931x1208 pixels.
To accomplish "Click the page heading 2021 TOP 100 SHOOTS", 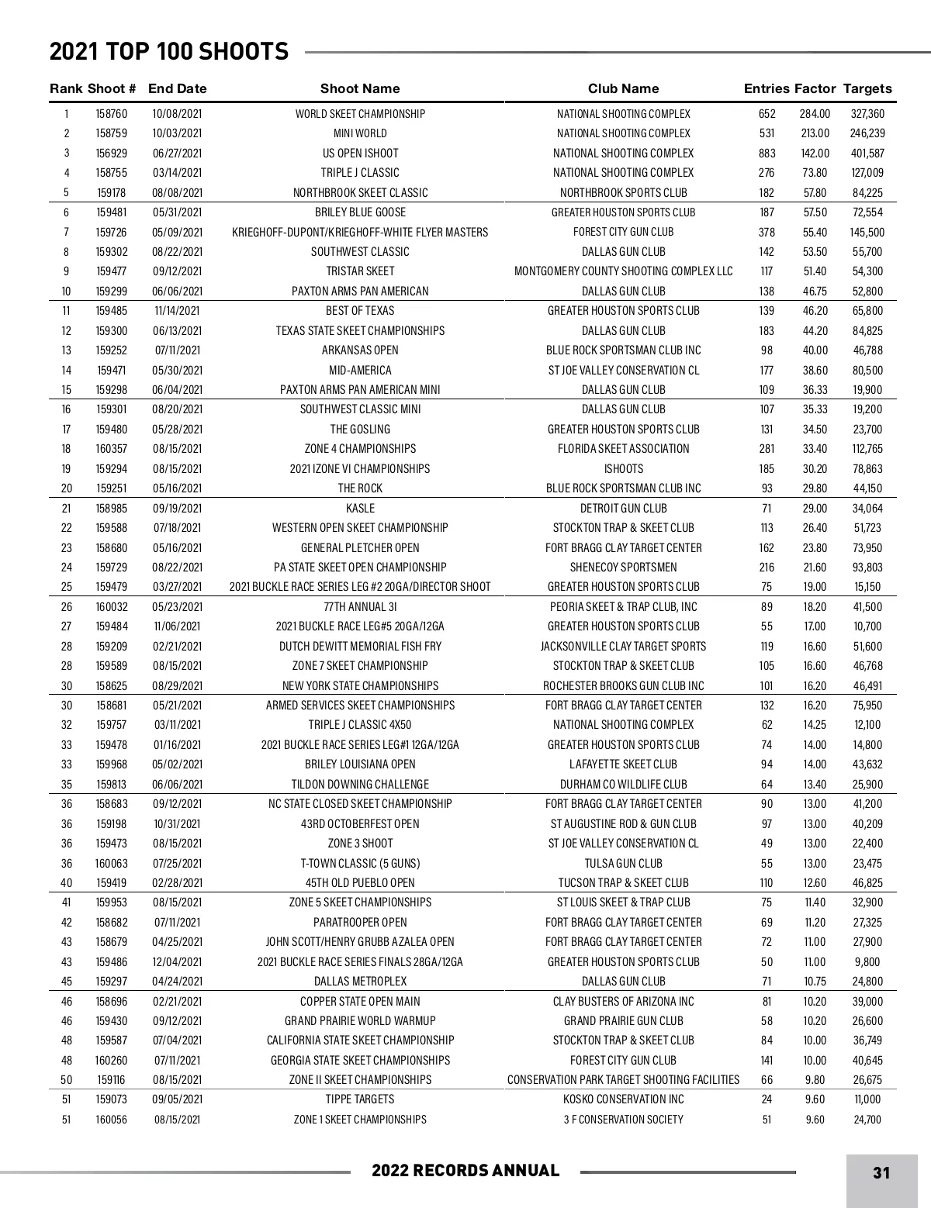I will [169, 52].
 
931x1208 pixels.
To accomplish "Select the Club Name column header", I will [623, 88].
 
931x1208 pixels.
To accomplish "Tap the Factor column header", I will [815, 88].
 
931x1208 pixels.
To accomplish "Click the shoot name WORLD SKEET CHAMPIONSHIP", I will [360, 114].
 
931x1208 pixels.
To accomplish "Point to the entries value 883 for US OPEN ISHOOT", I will [767, 154].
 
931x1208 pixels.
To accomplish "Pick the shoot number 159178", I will [111, 193].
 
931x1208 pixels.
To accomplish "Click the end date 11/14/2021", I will [177, 311].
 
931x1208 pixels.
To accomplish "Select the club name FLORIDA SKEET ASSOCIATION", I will [623, 449].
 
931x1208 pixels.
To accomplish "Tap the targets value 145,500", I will [867, 233].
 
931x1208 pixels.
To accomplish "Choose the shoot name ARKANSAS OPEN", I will [360, 350].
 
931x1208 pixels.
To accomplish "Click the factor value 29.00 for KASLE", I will [815, 509].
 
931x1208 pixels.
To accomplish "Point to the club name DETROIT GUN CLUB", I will [623, 509].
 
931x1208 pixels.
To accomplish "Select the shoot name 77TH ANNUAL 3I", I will [360, 607].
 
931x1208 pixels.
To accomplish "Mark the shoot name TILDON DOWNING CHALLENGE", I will [360, 785].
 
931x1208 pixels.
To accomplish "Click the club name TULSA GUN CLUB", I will [623, 864].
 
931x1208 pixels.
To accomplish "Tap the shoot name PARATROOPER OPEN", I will [360, 923].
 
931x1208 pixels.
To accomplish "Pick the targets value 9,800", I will [867, 962].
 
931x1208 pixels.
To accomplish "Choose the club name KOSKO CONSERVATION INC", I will [623, 1099].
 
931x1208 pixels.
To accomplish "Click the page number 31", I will [881, 1172].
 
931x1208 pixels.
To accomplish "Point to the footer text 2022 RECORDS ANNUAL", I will [465, 1171].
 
